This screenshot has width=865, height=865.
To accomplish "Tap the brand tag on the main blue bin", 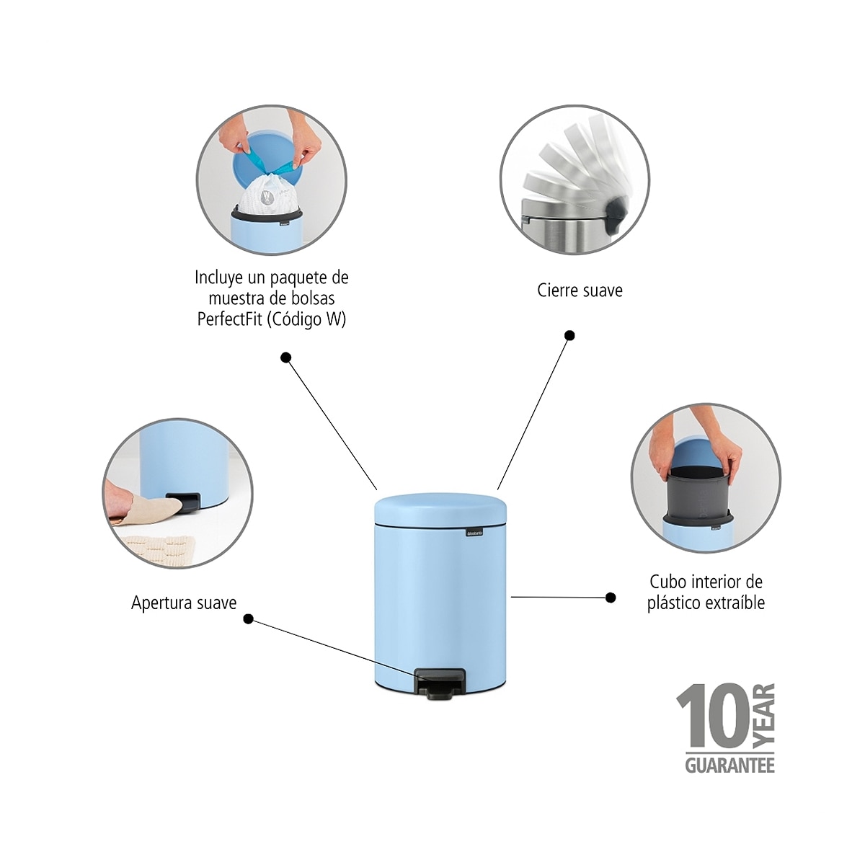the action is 475,533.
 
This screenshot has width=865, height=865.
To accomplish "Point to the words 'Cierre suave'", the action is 580,290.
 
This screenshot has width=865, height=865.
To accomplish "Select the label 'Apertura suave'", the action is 184,603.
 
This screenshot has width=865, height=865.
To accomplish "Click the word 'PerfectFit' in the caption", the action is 231,319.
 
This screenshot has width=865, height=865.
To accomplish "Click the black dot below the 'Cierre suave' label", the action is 569,335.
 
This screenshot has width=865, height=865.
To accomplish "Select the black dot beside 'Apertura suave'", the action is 248,619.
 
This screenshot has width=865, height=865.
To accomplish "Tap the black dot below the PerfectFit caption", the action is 285,358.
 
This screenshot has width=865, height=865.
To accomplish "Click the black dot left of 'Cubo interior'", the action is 611,598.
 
